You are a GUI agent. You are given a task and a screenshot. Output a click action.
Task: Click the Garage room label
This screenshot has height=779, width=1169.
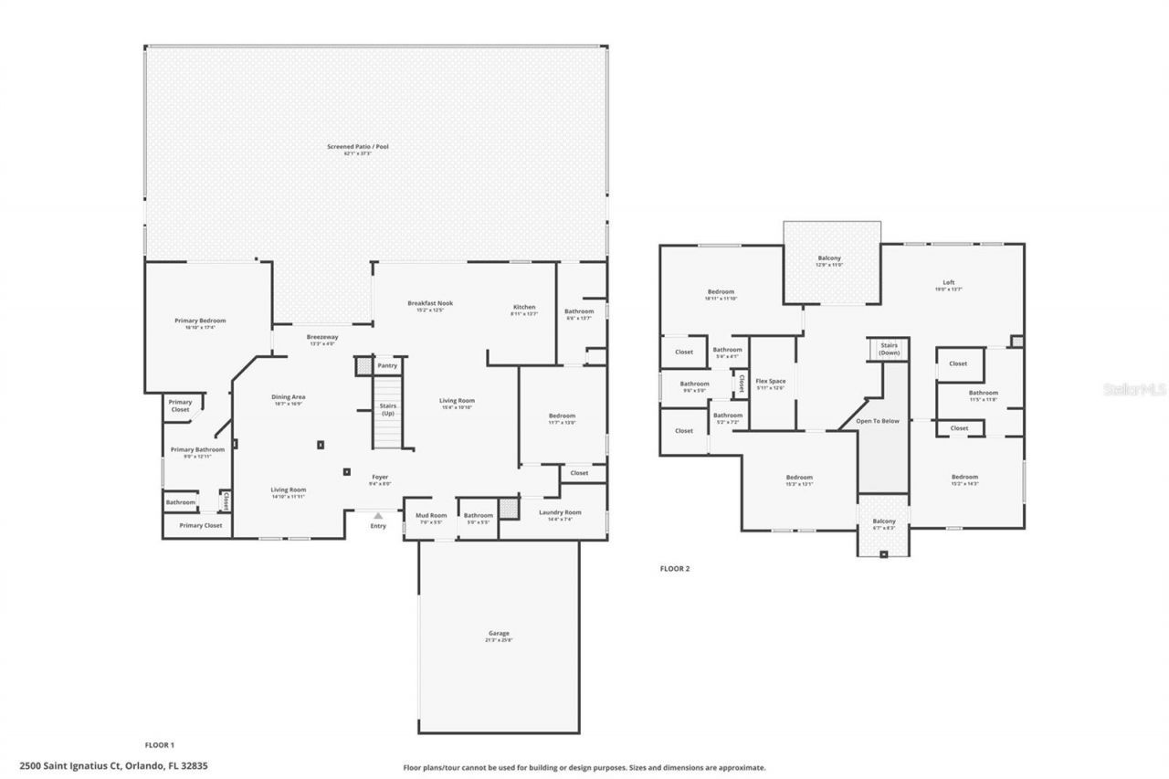pyautogui.click(x=498, y=633)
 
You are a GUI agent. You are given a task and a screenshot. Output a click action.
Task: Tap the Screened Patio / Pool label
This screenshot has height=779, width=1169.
pyautogui.click(x=352, y=146)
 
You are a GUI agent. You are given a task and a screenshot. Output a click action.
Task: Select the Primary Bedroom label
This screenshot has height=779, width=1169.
pyautogui.click(x=200, y=321)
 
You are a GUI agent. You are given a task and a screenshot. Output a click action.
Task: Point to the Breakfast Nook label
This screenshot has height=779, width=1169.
pyautogui.click(x=430, y=303)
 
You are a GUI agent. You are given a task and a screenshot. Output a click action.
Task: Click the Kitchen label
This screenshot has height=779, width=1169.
pyautogui.click(x=523, y=307)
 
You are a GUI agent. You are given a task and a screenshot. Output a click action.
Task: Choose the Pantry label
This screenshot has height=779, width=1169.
pyautogui.click(x=387, y=365)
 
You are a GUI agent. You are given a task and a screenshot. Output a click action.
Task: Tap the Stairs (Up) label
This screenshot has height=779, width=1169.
pyautogui.click(x=387, y=409)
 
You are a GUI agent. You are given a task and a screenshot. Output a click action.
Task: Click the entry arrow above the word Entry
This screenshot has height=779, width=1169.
pyautogui.click(x=378, y=516)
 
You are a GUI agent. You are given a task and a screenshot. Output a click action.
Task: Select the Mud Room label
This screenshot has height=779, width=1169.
pyautogui.click(x=431, y=515)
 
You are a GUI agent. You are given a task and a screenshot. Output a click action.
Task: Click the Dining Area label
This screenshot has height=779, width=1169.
pyautogui.click(x=288, y=397)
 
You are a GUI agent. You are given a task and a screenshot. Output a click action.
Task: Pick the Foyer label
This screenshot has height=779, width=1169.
pyautogui.click(x=380, y=477)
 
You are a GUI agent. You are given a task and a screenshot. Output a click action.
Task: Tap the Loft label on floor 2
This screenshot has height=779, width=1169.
pyautogui.click(x=948, y=282)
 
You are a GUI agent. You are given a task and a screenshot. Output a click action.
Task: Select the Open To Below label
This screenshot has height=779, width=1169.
pyautogui.click(x=877, y=421)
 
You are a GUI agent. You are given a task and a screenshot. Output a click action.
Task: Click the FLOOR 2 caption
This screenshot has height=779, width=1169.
pyautogui.click(x=675, y=568)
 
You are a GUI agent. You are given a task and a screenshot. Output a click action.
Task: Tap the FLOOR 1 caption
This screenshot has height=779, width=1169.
pyautogui.click(x=160, y=745)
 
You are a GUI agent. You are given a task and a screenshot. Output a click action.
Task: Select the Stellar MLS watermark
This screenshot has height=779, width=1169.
pyautogui.click(x=1133, y=388)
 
